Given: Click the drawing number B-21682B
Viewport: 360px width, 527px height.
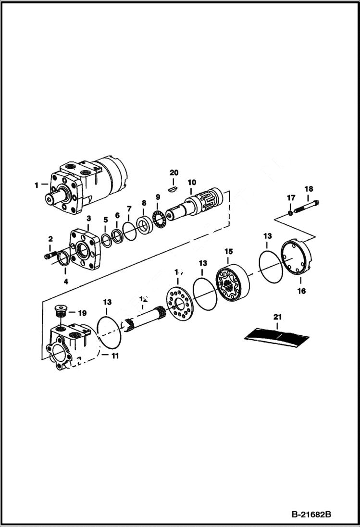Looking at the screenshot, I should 310,515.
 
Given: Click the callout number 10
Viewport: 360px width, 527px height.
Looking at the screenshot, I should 192,182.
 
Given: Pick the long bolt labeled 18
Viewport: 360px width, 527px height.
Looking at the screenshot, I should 305,208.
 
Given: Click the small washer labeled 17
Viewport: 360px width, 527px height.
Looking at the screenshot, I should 290,212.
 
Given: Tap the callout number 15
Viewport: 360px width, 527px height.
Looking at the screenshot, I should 229,251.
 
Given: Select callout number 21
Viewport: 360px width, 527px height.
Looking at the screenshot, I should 278,317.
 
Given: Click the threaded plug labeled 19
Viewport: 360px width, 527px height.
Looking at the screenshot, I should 61,311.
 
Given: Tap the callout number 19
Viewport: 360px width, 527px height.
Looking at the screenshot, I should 82,313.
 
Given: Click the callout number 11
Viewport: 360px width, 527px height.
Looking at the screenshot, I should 115,356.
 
